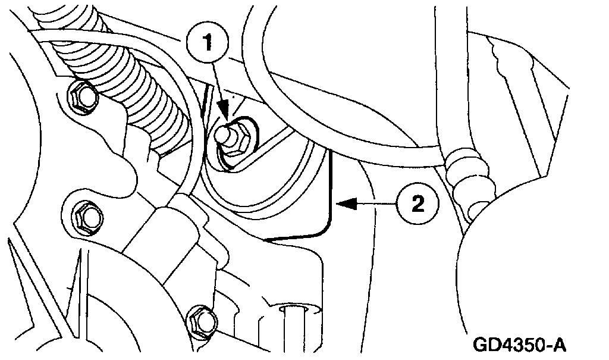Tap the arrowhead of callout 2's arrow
340,205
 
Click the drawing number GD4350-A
519,344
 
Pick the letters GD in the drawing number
486,344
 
